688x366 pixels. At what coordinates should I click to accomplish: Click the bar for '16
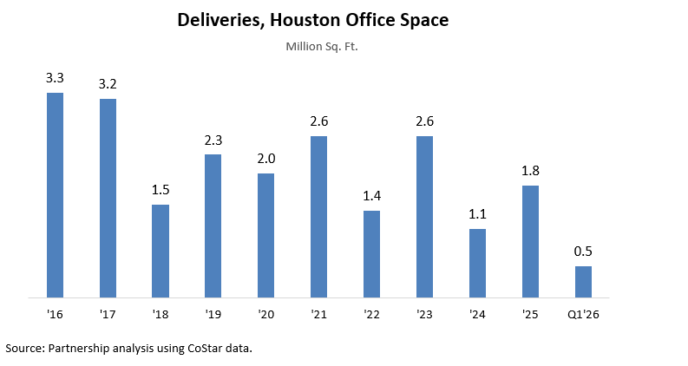click(55, 195)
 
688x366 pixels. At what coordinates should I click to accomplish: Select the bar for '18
click(161, 252)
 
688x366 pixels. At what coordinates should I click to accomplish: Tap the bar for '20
click(265, 236)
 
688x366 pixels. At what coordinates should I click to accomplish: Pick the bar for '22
click(371, 254)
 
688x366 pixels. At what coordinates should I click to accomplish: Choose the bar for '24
click(477, 264)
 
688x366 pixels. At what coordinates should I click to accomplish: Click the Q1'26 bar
click(583, 282)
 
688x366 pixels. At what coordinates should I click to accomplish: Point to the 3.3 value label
click(55, 78)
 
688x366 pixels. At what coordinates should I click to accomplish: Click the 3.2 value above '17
click(108, 84)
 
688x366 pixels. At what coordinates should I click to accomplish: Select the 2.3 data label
click(213, 140)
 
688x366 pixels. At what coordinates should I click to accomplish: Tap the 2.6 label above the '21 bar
click(318, 121)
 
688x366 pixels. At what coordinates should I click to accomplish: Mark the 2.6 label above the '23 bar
click(424, 121)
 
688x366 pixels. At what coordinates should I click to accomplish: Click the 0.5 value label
click(583, 252)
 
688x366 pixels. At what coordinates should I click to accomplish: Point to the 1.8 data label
click(530, 171)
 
